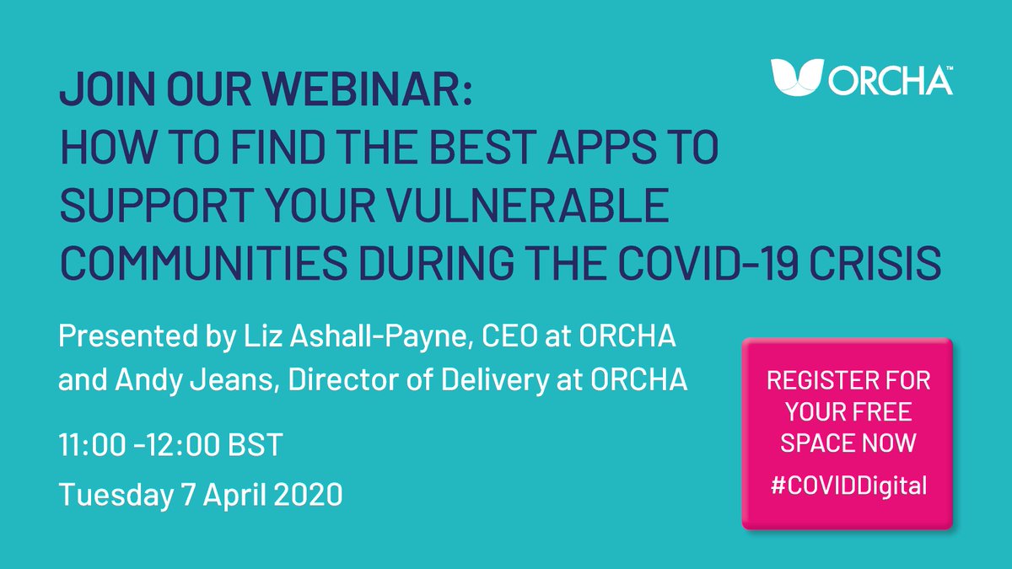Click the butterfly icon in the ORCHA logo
797,77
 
